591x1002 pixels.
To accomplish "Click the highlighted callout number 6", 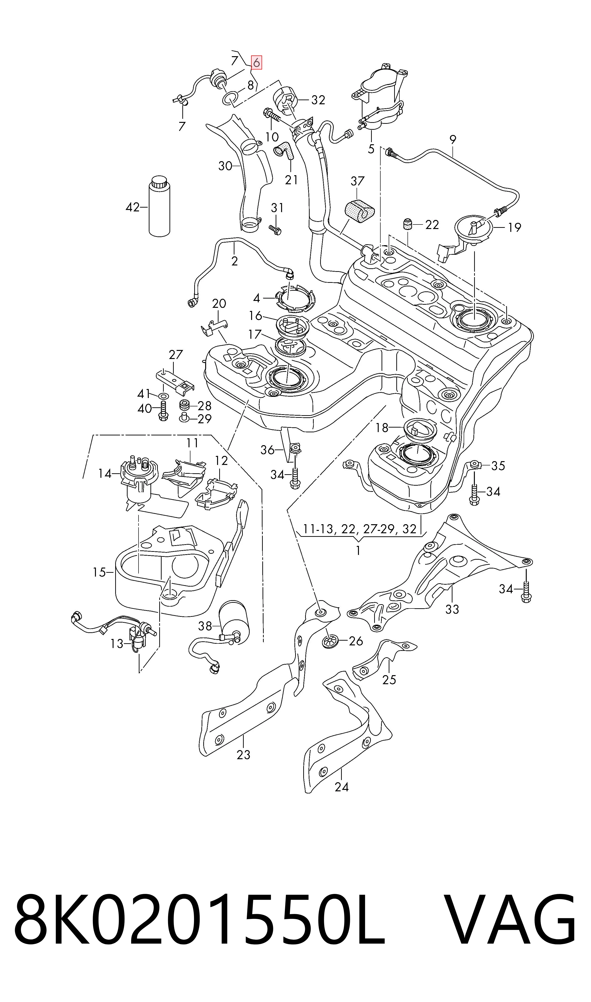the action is [256, 63].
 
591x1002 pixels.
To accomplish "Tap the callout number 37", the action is [357, 181].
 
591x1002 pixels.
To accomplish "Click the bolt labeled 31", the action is [275, 229].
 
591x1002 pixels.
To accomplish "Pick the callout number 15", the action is [99, 572].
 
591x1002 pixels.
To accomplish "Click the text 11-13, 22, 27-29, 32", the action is [360, 529].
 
